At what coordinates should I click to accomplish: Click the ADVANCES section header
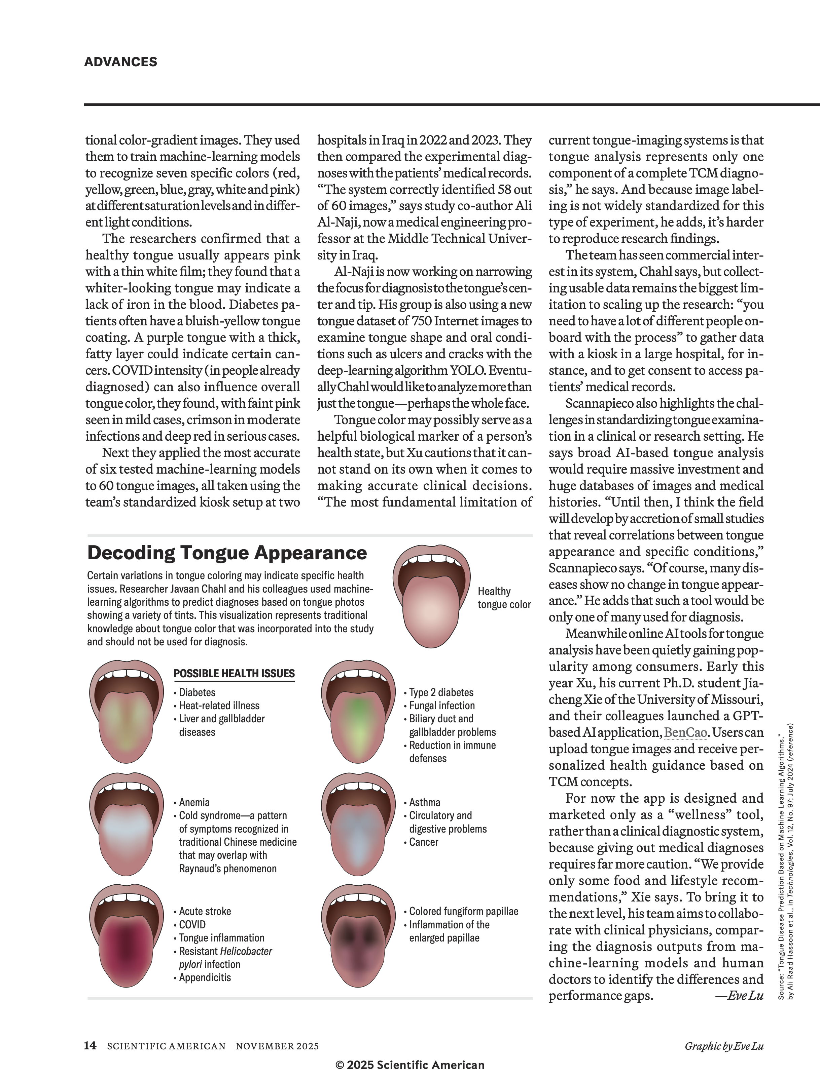[121, 62]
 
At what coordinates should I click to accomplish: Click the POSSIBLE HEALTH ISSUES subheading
[234, 673]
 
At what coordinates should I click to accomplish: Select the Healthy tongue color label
[504, 598]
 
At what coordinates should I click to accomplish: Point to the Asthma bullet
[424, 802]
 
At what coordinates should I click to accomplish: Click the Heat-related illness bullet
[219, 705]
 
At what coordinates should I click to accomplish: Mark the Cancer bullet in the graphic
[423, 842]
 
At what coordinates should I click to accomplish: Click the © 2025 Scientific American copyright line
[409, 1065]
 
